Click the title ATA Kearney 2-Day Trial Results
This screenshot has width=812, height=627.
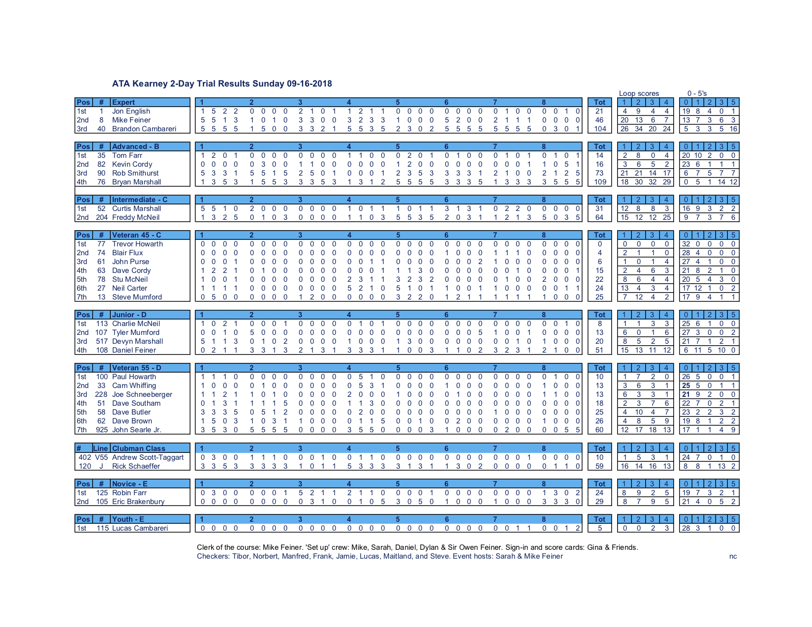[222, 84]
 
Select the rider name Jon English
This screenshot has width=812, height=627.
[131, 111]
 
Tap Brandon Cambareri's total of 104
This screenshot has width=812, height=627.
[599, 129]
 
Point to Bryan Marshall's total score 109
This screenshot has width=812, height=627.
[599, 182]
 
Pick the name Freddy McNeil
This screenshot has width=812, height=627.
[136, 217]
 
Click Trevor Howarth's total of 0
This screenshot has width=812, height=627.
[599, 244]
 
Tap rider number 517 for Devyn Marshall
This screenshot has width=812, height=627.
[102, 341]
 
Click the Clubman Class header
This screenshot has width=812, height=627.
[138, 448]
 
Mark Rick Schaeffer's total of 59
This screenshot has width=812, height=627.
[599, 466]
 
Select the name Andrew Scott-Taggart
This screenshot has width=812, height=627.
[148, 457]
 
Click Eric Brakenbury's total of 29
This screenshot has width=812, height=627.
[599, 502]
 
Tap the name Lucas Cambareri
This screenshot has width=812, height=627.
[140, 528]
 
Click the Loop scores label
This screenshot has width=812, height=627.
[639, 93]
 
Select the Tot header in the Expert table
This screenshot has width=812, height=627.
[599, 102]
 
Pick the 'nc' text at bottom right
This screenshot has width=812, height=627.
[733, 556]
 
